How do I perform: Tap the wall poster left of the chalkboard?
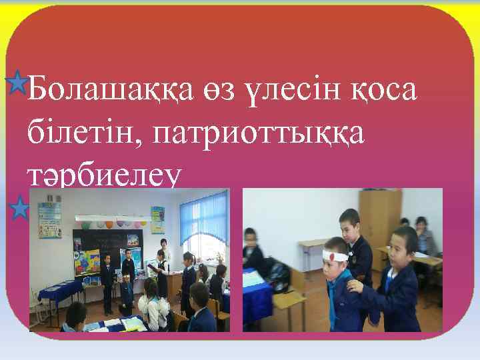click(x=49, y=219)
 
